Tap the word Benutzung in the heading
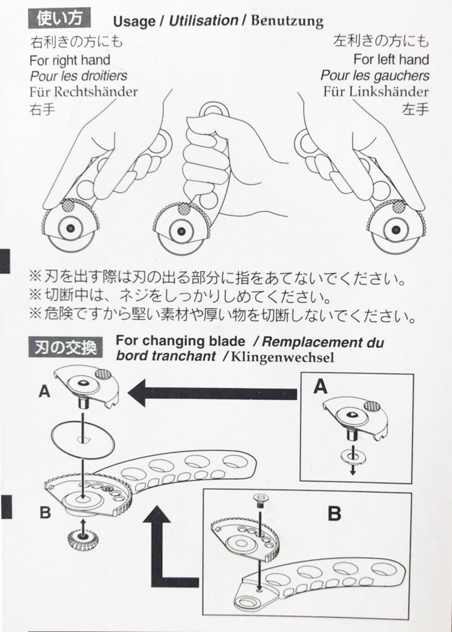tap(286, 22)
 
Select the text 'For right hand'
tap(70, 60)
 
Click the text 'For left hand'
tap(391, 59)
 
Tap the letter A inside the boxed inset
tap(321, 386)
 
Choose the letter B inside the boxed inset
tap(334, 514)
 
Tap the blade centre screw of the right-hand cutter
tap(394, 229)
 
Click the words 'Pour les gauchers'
tap(375, 75)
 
